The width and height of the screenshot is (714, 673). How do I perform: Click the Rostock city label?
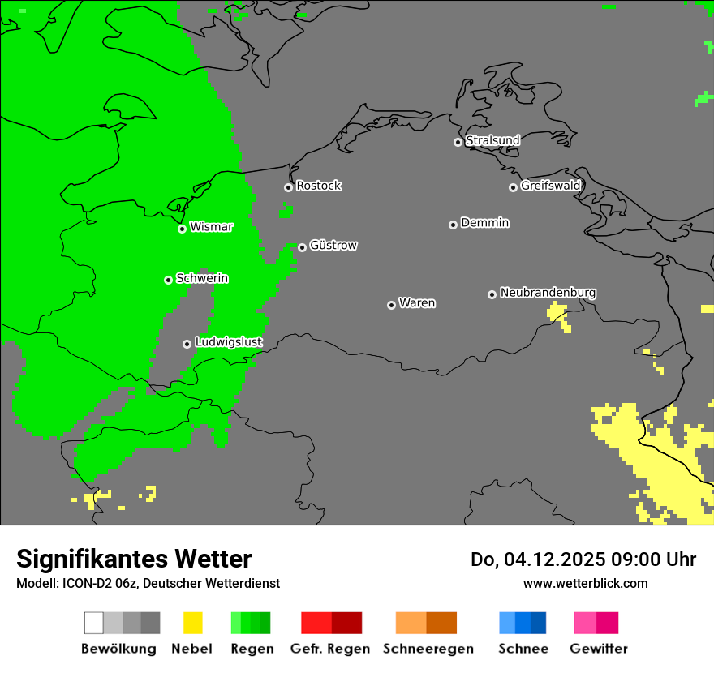pyautogui.click(x=318, y=186)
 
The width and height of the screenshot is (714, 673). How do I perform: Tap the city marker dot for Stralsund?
pyautogui.click(x=458, y=142)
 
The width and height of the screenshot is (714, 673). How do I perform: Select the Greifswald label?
pyautogui.click(x=550, y=186)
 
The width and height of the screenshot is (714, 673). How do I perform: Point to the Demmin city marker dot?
pyautogui.click(x=453, y=225)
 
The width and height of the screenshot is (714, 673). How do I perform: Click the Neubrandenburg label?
pyautogui.click(x=548, y=293)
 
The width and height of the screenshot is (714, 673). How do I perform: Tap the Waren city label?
pyautogui.click(x=417, y=303)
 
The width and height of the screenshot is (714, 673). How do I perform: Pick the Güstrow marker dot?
pyautogui.click(x=302, y=247)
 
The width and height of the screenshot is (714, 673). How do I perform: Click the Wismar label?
pyautogui.click(x=211, y=227)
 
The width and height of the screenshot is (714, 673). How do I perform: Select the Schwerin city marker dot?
pyautogui.click(x=168, y=280)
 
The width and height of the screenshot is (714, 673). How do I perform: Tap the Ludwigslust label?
pyautogui.click(x=228, y=342)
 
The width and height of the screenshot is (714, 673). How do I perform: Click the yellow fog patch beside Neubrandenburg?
pyautogui.click(x=557, y=312)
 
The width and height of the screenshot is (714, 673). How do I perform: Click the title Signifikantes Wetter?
pyautogui.click(x=134, y=559)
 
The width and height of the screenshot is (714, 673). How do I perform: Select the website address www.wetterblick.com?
pyautogui.click(x=585, y=583)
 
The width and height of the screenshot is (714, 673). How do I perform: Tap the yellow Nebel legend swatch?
pyautogui.click(x=192, y=623)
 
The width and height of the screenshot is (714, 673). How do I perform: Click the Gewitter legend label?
pyautogui.click(x=598, y=649)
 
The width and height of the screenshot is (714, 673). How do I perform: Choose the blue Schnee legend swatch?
pyautogui.click(x=523, y=623)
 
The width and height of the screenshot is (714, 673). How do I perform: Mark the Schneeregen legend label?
pyautogui.click(x=428, y=649)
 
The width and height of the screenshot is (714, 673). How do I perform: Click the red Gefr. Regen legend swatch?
pyautogui.click(x=331, y=623)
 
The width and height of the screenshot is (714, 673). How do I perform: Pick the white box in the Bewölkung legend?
pyautogui.click(x=93, y=623)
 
